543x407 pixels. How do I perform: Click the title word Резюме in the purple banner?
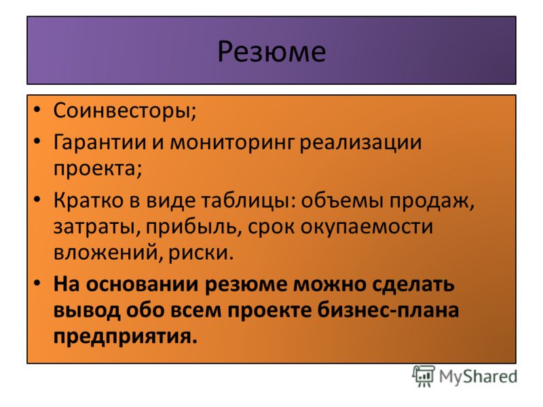pos(271,52)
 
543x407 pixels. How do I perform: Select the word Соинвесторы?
pos(125,111)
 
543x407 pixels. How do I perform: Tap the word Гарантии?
pos(100,142)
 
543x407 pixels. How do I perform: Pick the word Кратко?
pos(88,200)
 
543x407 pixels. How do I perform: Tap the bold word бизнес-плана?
pos(388,309)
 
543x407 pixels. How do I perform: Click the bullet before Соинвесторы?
pos(37,110)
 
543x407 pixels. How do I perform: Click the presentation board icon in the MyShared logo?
pos(423,376)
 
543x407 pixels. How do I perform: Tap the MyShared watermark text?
pos(478,376)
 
